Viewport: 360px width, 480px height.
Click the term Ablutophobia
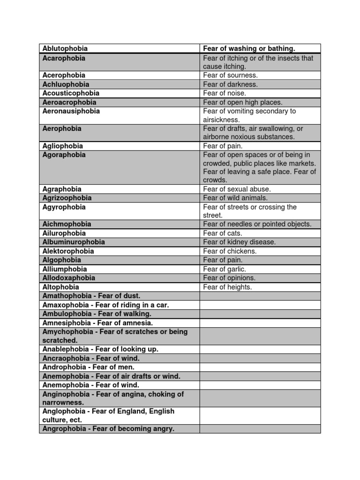pyautogui.click(x=65, y=48)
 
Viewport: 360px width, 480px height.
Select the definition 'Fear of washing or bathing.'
pyautogui.click(x=249, y=48)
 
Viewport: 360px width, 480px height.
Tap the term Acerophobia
pyautogui.click(x=64, y=75)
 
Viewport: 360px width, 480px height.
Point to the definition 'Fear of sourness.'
pyautogui.click(x=230, y=75)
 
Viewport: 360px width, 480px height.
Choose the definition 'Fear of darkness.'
pyautogui.click(x=230, y=84)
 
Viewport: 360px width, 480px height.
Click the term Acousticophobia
pyautogui.click(x=71, y=93)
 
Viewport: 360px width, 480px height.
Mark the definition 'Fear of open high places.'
pyautogui.click(x=243, y=102)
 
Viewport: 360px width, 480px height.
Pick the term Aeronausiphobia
pyautogui.click(x=71, y=111)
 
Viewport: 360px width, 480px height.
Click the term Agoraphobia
pyautogui.click(x=64, y=155)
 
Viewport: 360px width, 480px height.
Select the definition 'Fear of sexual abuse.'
pyautogui.click(x=237, y=189)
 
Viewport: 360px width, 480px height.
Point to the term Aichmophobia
pyautogui.click(x=67, y=224)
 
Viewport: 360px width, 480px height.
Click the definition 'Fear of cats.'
pyautogui.click(x=223, y=233)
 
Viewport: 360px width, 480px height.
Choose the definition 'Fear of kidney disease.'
pyautogui.click(x=240, y=242)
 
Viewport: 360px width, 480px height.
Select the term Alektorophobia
pyautogui.click(x=68, y=251)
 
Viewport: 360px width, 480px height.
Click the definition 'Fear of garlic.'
pyautogui.click(x=225, y=269)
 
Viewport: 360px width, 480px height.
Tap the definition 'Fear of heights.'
pyautogui.click(x=227, y=287)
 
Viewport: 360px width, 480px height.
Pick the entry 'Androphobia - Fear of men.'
pyautogui.click(x=89, y=367)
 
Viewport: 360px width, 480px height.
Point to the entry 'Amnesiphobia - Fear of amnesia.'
pyautogui.click(x=98, y=323)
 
